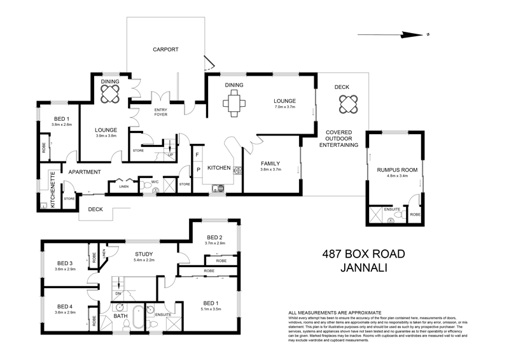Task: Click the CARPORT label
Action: click(165, 49)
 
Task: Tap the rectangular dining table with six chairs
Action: click(232, 102)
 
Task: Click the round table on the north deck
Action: click(347, 102)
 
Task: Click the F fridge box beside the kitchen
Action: click(197, 155)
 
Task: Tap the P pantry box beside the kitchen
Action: click(197, 170)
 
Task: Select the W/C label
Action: click(155, 183)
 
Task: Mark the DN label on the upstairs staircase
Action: click(118, 294)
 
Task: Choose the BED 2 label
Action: click(214, 237)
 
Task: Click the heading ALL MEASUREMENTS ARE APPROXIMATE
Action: click(335, 313)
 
